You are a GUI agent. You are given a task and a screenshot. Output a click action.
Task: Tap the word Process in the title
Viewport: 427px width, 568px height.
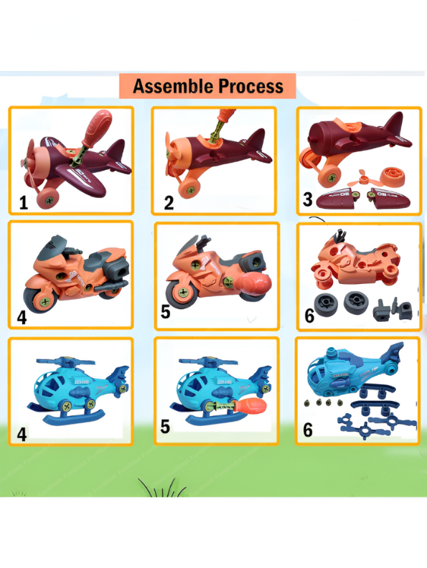(248, 87)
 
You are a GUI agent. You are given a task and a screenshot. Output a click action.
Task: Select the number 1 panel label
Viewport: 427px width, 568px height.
(23, 202)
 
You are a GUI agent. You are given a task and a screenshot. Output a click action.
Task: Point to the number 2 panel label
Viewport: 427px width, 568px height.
(169, 202)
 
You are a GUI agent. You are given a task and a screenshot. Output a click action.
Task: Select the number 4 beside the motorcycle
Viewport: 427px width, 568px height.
(22, 316)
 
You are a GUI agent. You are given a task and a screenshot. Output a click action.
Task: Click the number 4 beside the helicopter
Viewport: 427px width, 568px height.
(22, 434)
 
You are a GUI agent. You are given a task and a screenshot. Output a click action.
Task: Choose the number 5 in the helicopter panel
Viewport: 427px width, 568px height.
(165, 427)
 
